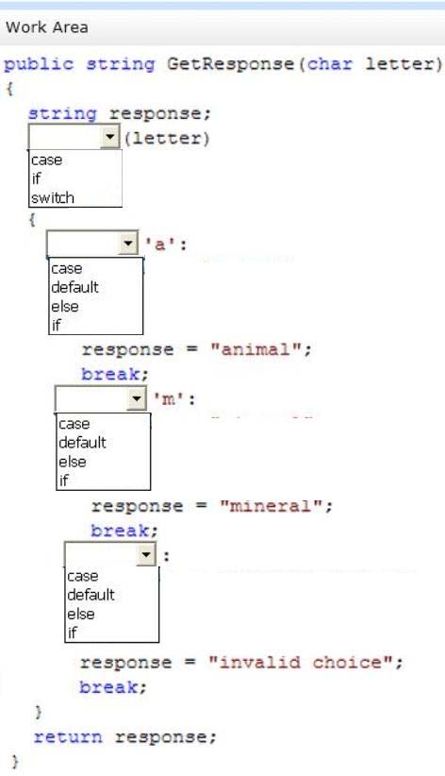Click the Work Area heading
[x=47, y=27]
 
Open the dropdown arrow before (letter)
[x=110, y=137]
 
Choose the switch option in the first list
[x=53, y=198]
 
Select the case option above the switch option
[x=46, y=160]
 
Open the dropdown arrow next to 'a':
[x=128, y=243]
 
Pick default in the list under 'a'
[x=74, y=287]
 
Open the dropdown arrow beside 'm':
[x=136, y=398]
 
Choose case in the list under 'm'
[x=74, y=424]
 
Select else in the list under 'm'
[x=73, y=462]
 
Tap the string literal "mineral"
[x=271, y=506]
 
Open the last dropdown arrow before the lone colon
[x=146, y=554]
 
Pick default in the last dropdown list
[x=91, y=595]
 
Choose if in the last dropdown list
[x=73, y=632]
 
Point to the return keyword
[x=68, y=737]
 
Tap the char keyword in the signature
[x=330, y=64]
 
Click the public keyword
[x=39, y=64]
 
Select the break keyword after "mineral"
[x=120, y=531]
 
